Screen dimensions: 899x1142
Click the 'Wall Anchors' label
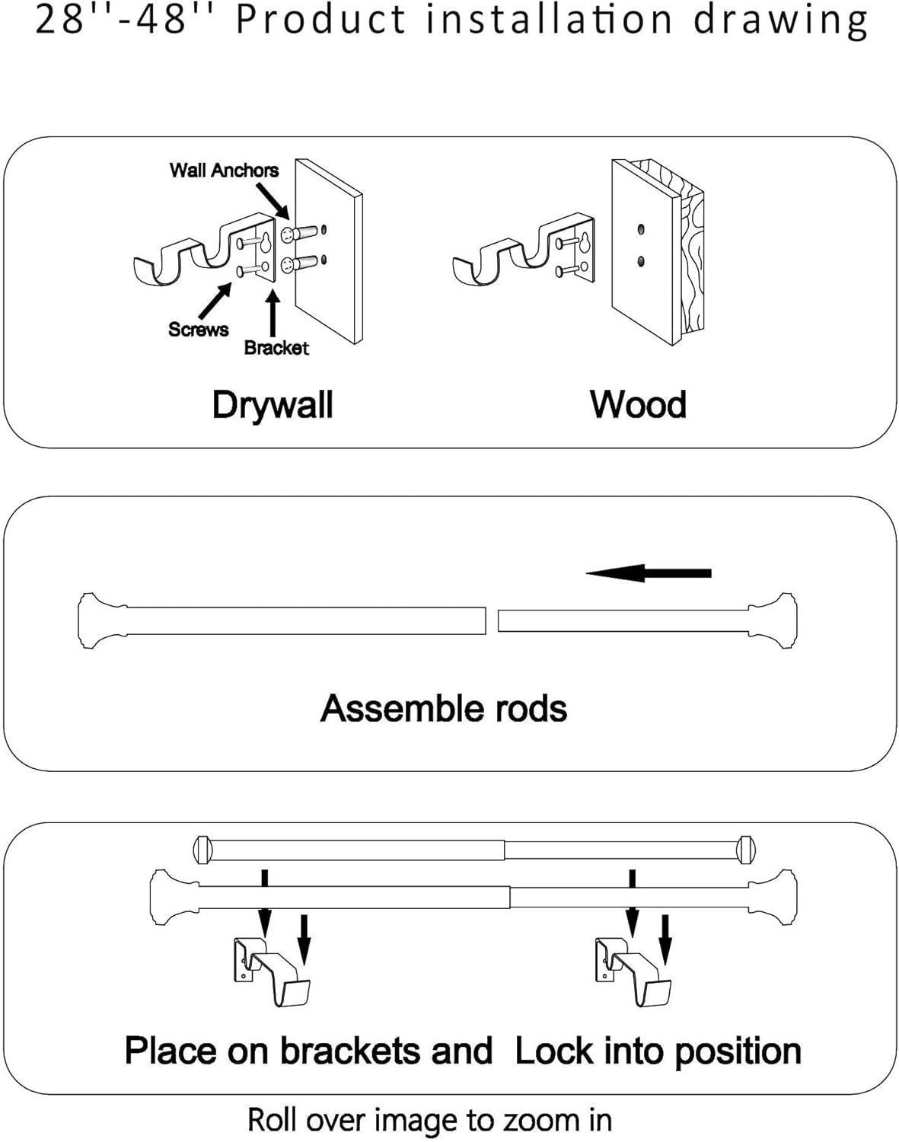[x=224, y=171]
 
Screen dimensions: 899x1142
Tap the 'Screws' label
[x=199, y=329]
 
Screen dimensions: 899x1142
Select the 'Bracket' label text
[x=276, y=348]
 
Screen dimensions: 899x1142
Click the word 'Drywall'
[x=273, y=406]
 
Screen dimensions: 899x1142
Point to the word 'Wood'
[x=639, y=405]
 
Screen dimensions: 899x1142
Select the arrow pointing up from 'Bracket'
[x=273, y=314]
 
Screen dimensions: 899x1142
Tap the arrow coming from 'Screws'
[x=215, y=301]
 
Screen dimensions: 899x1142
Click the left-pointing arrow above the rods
[x=649, y=573]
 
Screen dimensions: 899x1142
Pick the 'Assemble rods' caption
[x=444, y=708]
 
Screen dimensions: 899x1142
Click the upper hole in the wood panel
[x=641, y=230]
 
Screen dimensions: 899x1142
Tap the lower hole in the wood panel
[x=641, y=261]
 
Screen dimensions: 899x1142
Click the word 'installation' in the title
[x=550, y=20]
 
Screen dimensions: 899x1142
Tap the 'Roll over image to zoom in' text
[x=430, y=1120]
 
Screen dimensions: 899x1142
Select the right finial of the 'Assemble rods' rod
[x=773, y=621]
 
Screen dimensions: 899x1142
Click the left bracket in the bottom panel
[x=273, y=971]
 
